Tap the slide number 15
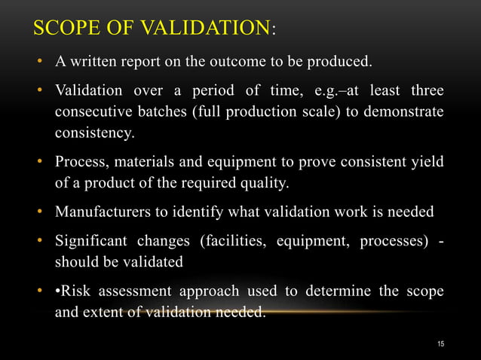coord(441,344)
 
